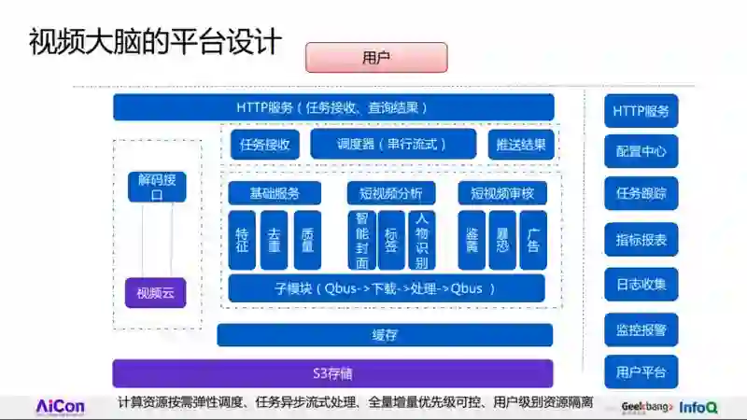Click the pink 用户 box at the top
(376, 58)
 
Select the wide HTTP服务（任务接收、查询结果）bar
(333, 107)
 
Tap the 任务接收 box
(265, 145)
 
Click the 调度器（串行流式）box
(379, 145)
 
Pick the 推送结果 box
(521, 145)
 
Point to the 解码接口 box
(157, 188)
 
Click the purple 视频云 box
(156, 293)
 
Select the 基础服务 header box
(275, 193)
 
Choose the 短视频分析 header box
(390, 193)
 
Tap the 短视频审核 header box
(502, 193)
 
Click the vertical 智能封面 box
(361, 241)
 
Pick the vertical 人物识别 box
(421, 241)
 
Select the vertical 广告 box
(533, 241)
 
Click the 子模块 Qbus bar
(385, 288)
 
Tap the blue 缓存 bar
(385, 335)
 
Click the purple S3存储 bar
(333, 373)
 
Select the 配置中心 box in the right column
(641, 151)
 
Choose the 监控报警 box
(641, 329)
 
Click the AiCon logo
(60, 407)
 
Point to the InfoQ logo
(698, 407)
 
